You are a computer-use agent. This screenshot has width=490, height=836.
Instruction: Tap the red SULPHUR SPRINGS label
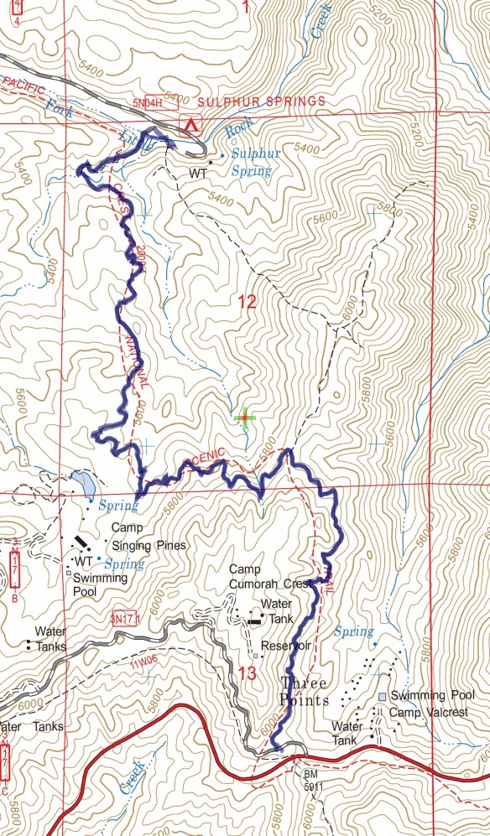click(x=262, y=101)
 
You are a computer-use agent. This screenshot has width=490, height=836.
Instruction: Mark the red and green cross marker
click(x=245, y=418)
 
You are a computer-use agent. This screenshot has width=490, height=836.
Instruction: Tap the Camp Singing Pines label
click(x=149, y=537)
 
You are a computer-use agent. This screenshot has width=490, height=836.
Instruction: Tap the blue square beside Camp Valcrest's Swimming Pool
click(x=382, y=697)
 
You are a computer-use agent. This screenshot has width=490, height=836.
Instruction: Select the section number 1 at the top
click(x=246, y=9)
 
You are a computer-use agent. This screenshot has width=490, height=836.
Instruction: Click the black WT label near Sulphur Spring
click(x=198, y=174)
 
